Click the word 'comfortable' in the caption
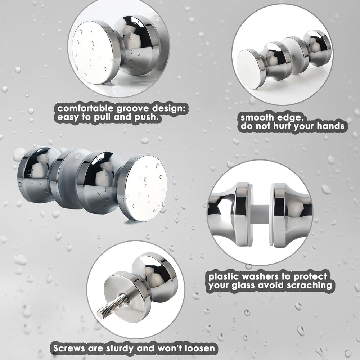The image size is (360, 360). coord(85,108)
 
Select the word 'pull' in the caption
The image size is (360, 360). coord(103,117)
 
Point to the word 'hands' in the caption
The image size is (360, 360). coord(330,126)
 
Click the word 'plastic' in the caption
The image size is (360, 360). coord(223,276)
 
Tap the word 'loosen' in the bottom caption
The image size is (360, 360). coord(200,348)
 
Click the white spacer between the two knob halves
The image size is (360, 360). coord(260,214)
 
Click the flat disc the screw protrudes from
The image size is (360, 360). coord(126,298)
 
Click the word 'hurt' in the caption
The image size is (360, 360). coord(282,126)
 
